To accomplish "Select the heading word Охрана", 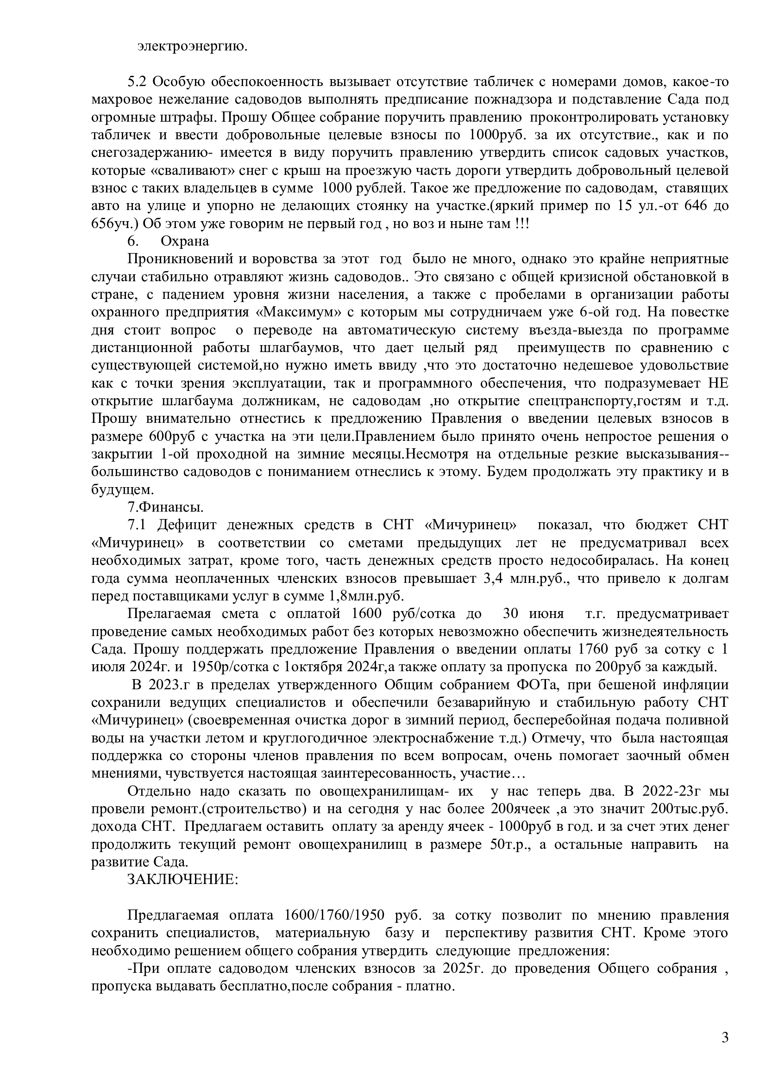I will [185, 241].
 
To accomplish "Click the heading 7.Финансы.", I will [165, 507].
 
